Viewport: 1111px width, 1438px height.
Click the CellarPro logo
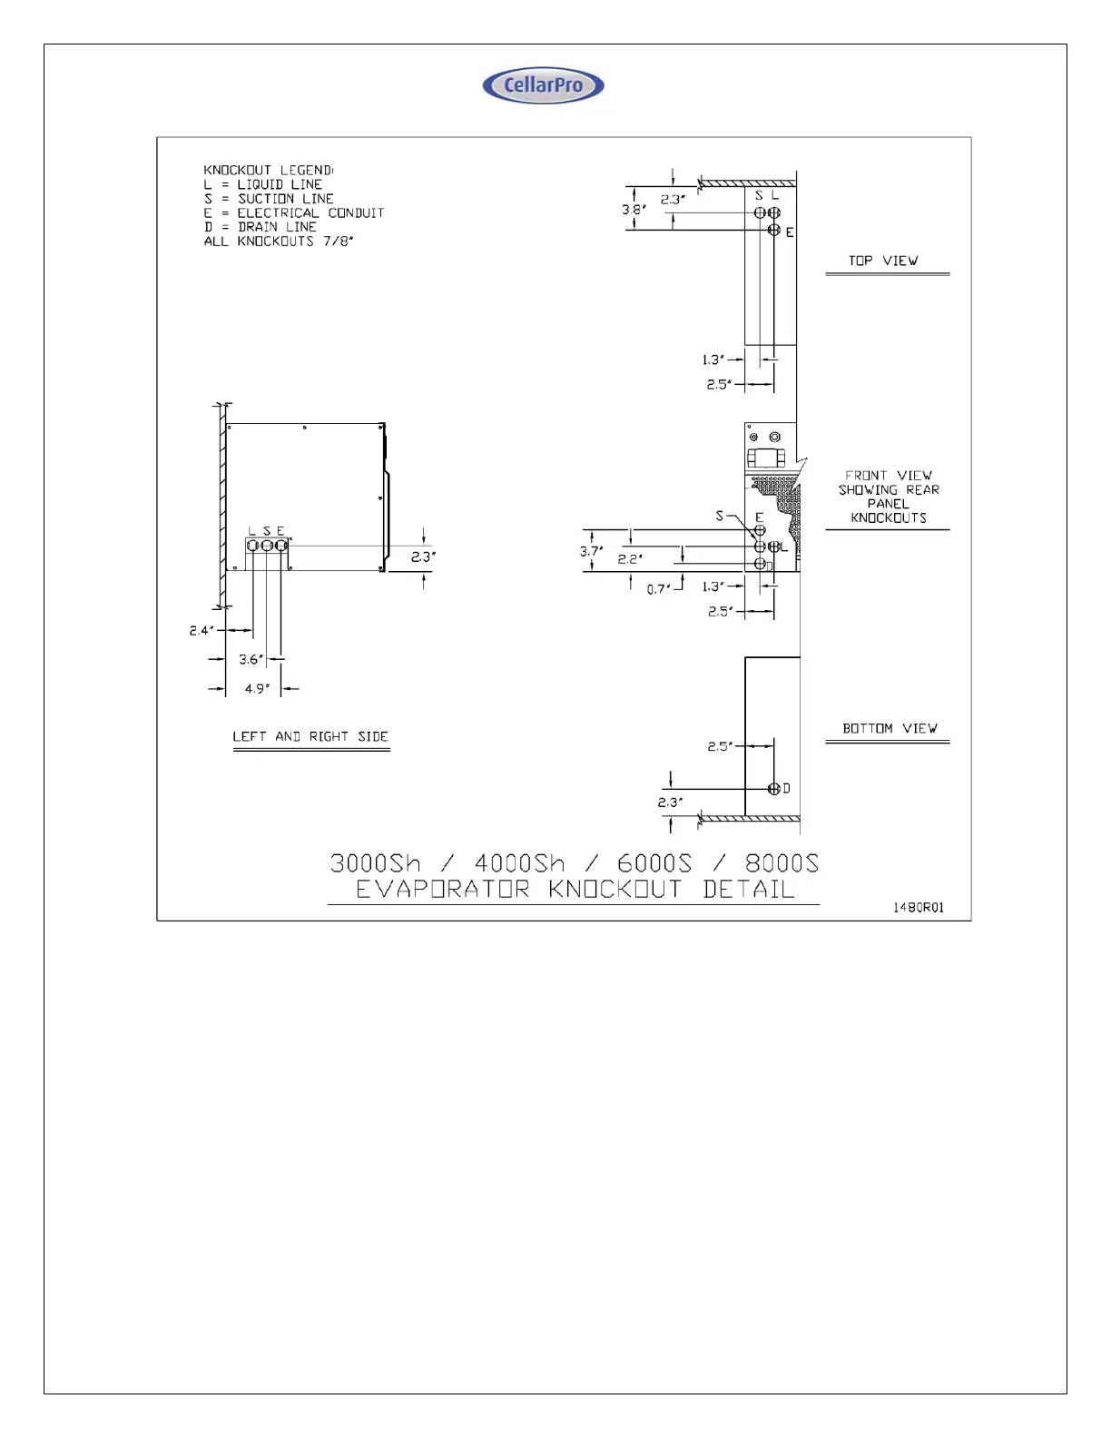(543, 85)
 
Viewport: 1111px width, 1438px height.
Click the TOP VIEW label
(883, 261)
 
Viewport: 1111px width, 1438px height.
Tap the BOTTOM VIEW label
(890, 728)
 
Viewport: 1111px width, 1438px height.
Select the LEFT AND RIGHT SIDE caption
(310, 736)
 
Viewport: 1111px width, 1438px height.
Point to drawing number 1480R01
(919, 907)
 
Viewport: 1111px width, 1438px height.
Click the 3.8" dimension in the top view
(634, 210)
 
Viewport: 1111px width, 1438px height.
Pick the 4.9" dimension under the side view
(257, 689)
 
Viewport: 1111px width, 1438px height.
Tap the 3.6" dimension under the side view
(251, 659)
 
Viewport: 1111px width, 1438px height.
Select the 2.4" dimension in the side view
(202, 630)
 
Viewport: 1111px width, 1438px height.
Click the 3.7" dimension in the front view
(591, 551)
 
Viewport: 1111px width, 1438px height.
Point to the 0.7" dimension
(659, 589)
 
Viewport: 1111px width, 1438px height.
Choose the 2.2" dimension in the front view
(630, 559)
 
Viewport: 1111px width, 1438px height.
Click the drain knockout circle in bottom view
(774, 788)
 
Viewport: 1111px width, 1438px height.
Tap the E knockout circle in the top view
(774, 231)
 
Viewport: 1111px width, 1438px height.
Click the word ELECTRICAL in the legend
(278, 212)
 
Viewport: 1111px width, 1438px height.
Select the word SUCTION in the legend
(265, 199)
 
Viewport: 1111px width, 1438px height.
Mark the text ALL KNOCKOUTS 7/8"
(279, 241)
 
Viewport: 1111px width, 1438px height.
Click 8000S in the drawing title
(782, 862)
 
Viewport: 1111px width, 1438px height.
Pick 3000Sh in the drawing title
(375, 862)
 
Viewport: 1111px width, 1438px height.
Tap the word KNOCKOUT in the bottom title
(614, 889)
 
